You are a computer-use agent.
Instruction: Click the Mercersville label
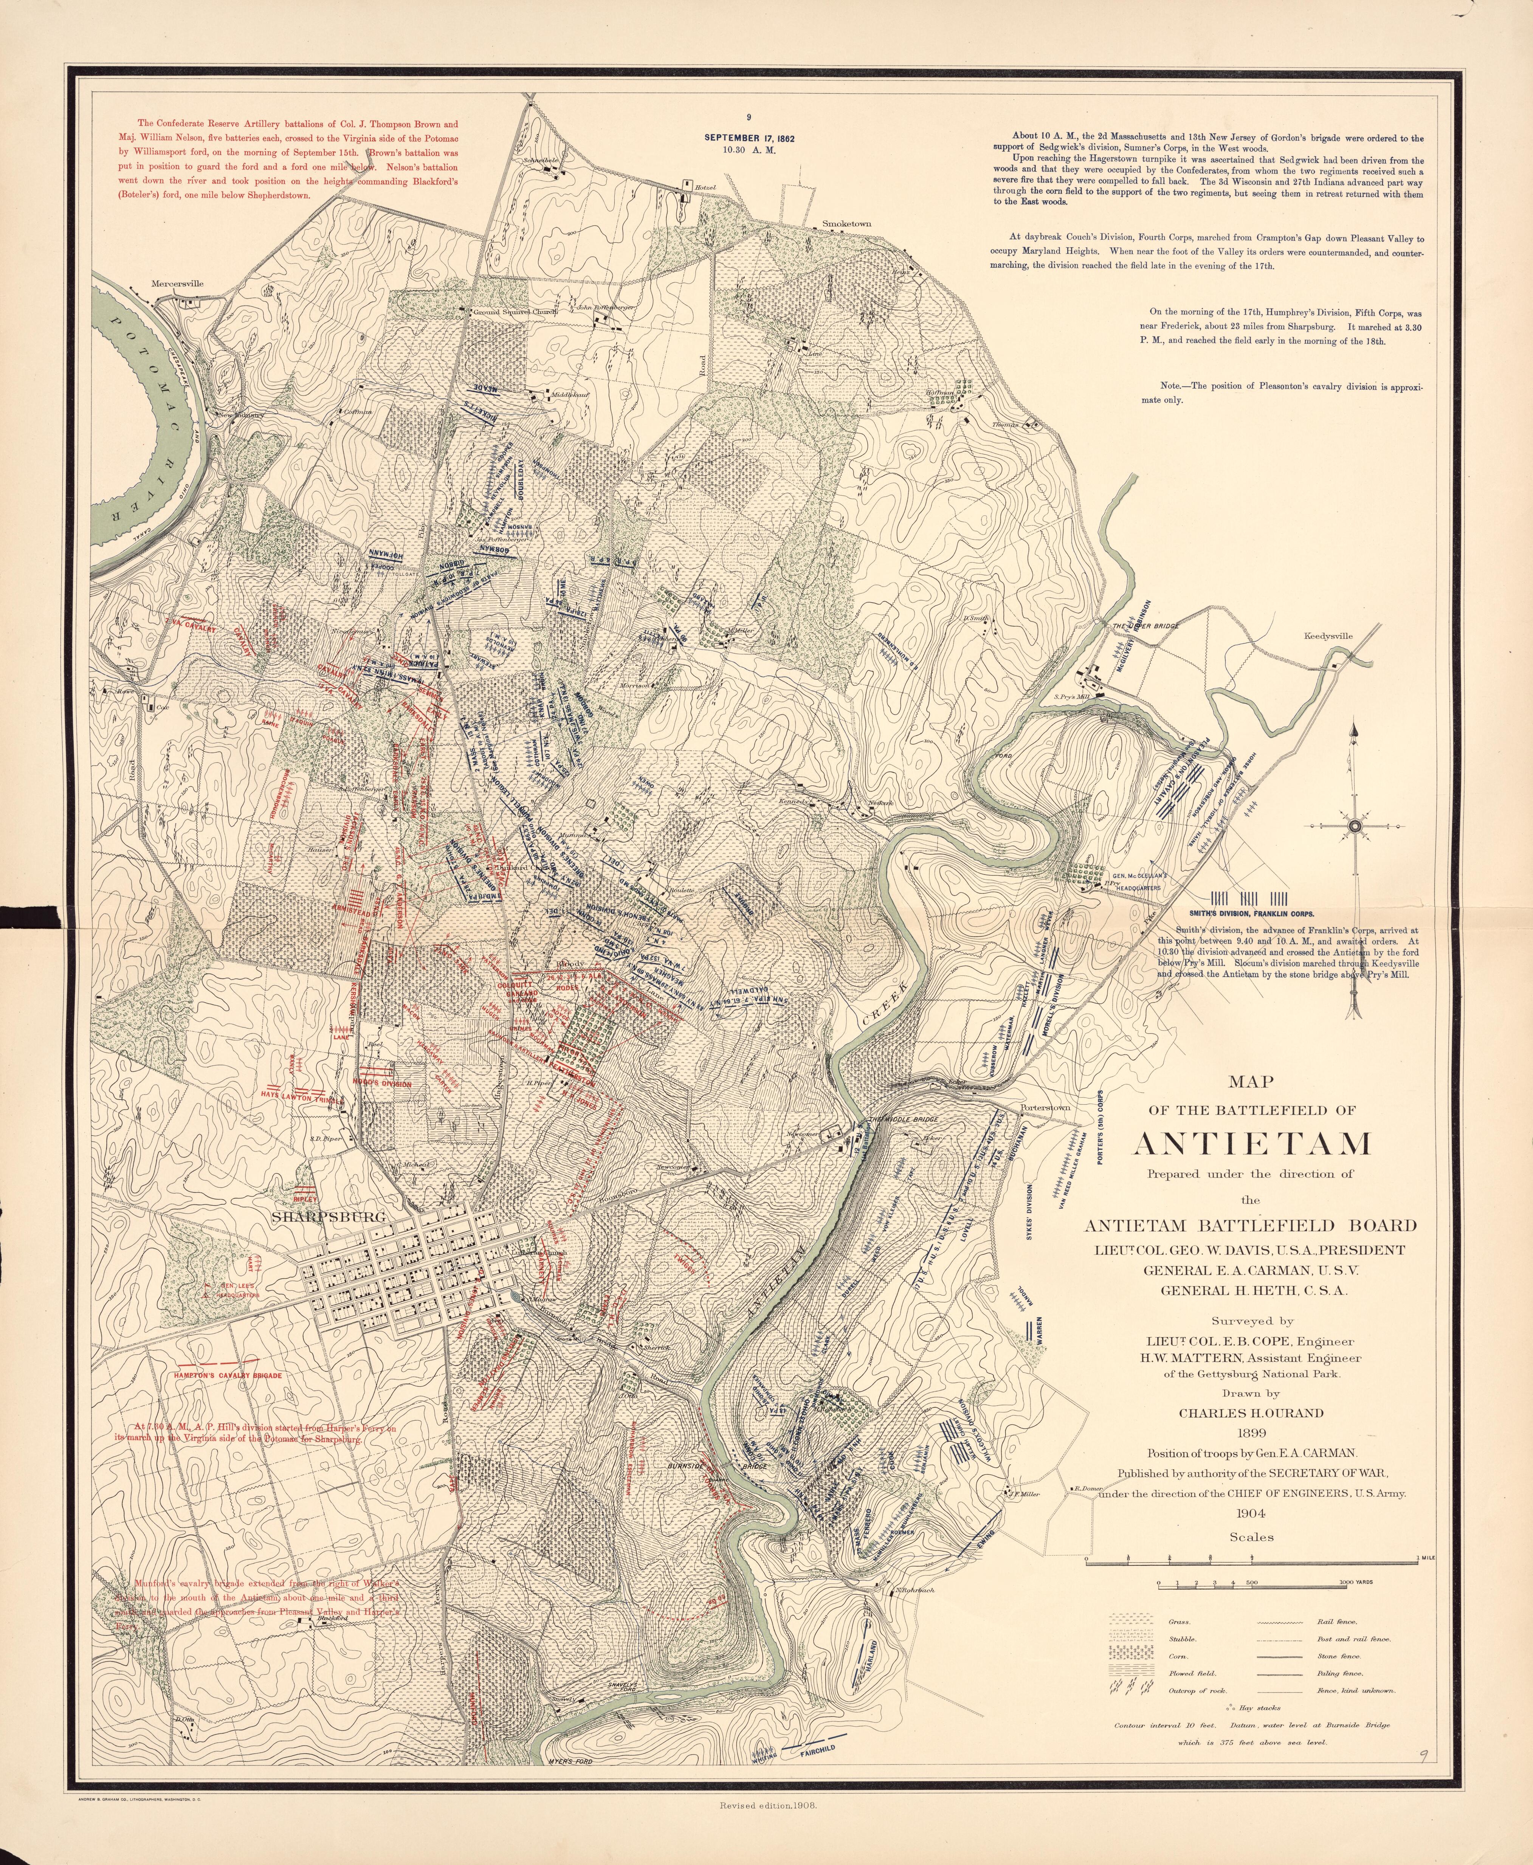178,284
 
